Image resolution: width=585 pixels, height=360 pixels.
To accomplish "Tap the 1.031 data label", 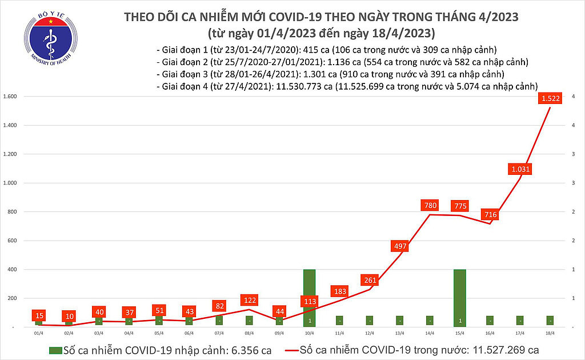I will [x=521, y=169].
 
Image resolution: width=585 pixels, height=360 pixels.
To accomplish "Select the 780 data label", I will [x=430, y=204].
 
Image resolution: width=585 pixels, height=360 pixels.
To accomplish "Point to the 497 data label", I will [x=400, y=246].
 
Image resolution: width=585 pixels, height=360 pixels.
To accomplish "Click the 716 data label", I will [x=490, y=215].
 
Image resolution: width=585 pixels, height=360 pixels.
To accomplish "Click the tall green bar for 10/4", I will [x=309, y=298].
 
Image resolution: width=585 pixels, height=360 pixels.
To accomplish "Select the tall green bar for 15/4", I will [x=459, y=298].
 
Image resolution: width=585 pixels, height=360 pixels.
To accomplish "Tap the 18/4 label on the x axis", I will [x=550, y=333].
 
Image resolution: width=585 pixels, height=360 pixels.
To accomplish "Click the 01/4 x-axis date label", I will [x=38, y=333].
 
